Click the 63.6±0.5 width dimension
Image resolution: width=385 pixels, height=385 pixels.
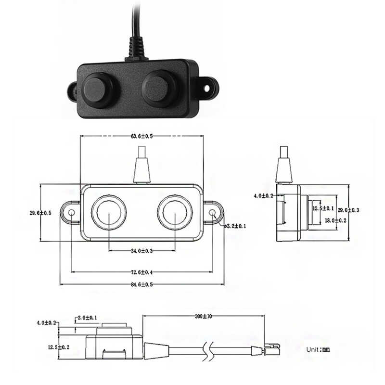coord(141,136)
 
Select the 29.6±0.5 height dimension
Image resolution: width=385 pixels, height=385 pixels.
coord(41,213)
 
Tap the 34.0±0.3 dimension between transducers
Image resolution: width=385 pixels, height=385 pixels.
coord(141,250)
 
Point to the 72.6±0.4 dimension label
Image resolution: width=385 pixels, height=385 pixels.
coord(141,272)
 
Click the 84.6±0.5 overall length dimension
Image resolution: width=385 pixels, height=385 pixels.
coord(141,284)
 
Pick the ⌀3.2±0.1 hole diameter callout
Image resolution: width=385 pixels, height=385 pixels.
coord(235,225)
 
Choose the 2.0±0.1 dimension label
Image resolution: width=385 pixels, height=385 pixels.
coord(87,318)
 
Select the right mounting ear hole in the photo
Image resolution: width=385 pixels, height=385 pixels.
coord(208,89)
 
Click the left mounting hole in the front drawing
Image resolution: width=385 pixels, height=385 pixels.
coord(71,213)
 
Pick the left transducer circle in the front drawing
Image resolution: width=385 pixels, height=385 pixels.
coord(109,212)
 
